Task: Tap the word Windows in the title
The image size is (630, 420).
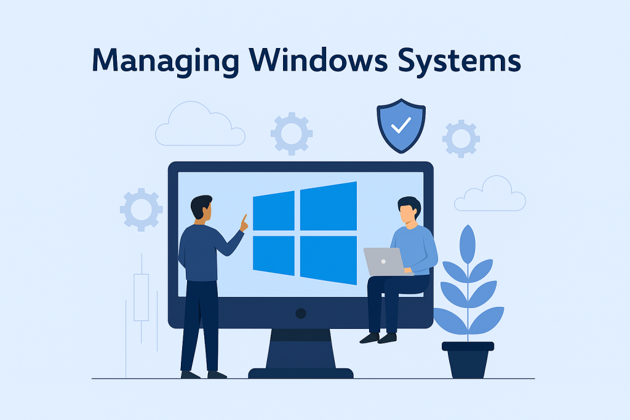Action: click(x=320, y=61)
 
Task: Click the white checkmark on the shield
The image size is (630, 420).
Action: click(x=401, y=126)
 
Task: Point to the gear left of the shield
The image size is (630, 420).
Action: click(x=292, y=133)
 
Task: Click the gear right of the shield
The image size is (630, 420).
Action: click(x=461, y=138)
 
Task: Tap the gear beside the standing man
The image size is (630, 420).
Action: click(x=141, y=210)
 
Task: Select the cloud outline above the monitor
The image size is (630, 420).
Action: click(x=199, y=125)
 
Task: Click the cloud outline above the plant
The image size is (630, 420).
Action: click(x=490, y=195)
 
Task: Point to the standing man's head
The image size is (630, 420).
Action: click(x=201, y=207)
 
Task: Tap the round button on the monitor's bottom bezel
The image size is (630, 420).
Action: click(x=300, y=313)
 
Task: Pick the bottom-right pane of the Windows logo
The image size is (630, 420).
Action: click(x=329, y=260)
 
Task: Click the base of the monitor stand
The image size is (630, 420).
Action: click(x=300, y=373)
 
